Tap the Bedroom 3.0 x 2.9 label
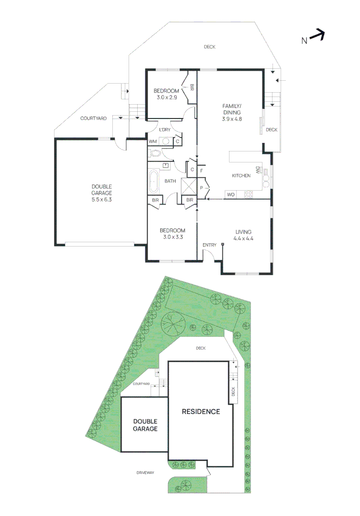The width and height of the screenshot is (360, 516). click(166, 94)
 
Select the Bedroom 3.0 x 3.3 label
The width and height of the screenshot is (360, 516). click(172, 234)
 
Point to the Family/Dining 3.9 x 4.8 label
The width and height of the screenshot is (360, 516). click(232, 112)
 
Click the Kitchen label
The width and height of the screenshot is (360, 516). click(241, 176)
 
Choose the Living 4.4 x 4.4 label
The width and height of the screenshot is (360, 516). click(243, 234)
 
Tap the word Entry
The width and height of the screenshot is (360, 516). click(209, 245)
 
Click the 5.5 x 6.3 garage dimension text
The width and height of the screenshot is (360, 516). click(101, 200)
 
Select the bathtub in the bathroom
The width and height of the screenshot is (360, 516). click(154, 182)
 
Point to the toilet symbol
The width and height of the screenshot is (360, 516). click(154, 153)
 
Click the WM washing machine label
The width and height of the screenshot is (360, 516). click(153, 141)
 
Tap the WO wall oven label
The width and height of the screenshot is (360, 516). click(230, 194)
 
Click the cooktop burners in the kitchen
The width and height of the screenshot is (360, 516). click(249, 194)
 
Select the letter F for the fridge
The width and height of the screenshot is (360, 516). click(202, 171)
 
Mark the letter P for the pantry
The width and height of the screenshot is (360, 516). click(201, 188)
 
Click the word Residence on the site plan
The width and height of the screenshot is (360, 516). click(200, 411)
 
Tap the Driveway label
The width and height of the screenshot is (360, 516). click(145, 473)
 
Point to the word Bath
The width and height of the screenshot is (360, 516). click(170, 181)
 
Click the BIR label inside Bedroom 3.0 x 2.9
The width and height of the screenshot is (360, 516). click(191, 87)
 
